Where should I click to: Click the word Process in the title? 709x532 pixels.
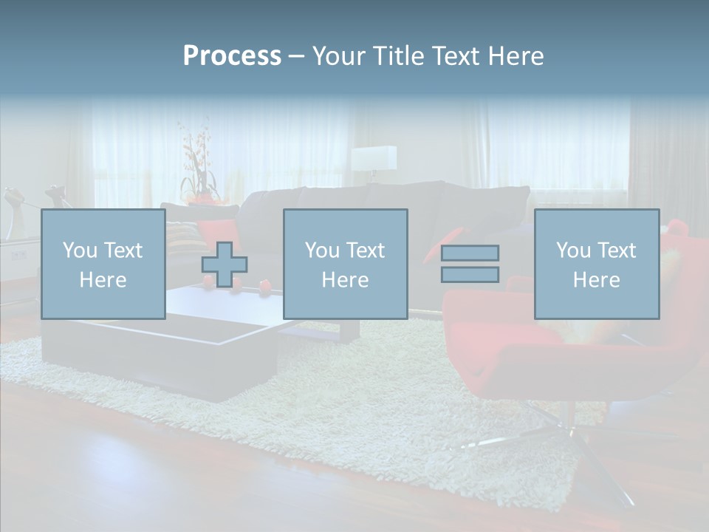click(x=232, y=56)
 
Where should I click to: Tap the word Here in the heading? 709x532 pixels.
click(x=515, y=56)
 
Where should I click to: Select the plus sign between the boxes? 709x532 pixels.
click(x=225, y=265)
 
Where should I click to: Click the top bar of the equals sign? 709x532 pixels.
click(x=470, y=253)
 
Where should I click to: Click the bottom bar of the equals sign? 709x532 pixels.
click(x=470, y=274)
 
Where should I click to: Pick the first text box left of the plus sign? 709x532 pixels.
click(x=103, y=265)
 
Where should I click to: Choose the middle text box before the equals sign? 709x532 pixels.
click(x=346, y=265)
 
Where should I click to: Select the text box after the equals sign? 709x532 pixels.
click(x=597, y=265)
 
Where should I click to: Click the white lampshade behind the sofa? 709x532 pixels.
click(x=373, y=158)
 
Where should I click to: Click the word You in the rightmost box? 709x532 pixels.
click(x=572, y=250)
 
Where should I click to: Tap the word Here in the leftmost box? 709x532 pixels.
click(x=103, y=279)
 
